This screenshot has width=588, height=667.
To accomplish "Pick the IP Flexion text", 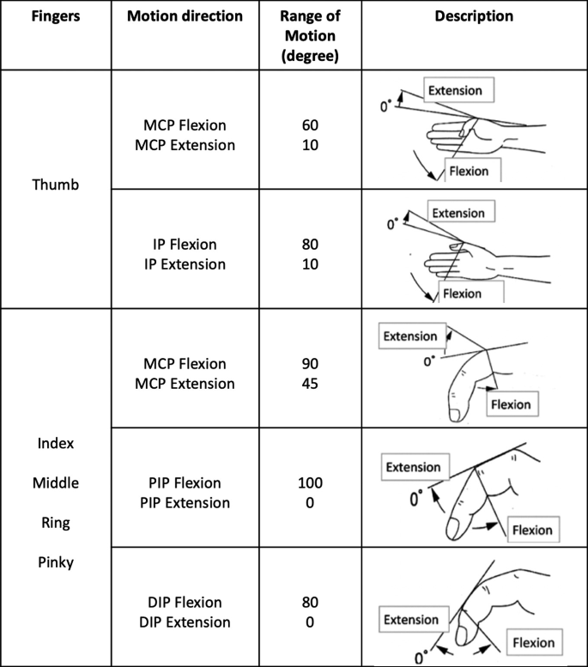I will point(179,245).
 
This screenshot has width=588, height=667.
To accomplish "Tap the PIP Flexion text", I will point(181,482).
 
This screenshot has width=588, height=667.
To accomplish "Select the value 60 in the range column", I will point(311,126).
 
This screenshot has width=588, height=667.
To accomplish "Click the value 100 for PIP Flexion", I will point(311,482).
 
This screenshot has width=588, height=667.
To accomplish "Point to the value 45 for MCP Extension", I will point(311,383).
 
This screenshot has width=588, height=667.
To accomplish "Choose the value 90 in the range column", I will point(311,364).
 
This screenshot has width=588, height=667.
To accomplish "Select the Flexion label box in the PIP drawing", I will point(531,530).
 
